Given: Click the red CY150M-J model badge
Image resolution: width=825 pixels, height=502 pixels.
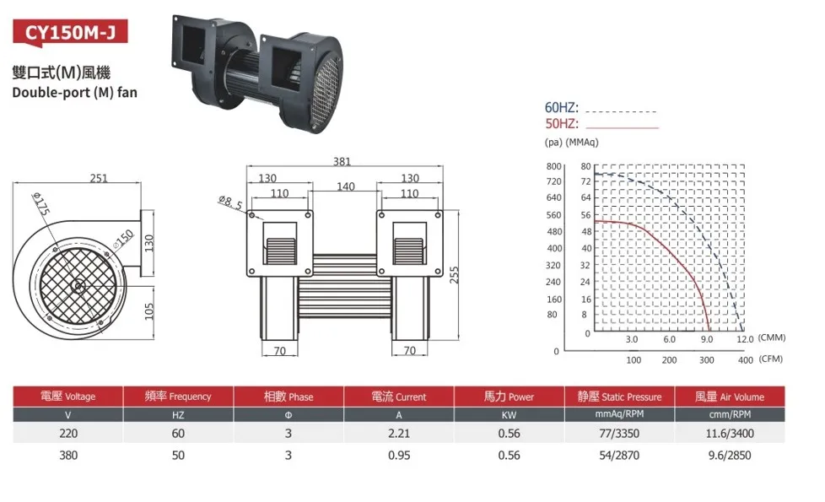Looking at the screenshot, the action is [70, 33].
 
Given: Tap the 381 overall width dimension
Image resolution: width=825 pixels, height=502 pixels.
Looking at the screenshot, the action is [342, 161].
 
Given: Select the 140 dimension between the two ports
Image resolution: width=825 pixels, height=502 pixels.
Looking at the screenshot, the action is [346, 186].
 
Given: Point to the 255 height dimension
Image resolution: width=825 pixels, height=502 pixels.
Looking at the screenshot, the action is [454, 275].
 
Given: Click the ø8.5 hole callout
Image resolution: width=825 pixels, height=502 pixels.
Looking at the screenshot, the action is [230, 202].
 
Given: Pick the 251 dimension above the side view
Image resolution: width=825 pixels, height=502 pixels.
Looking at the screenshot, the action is [99, 178].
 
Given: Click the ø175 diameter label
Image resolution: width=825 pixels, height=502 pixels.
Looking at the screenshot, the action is [41, 203].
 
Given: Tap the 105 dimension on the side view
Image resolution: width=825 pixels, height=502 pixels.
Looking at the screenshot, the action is [149, 311].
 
